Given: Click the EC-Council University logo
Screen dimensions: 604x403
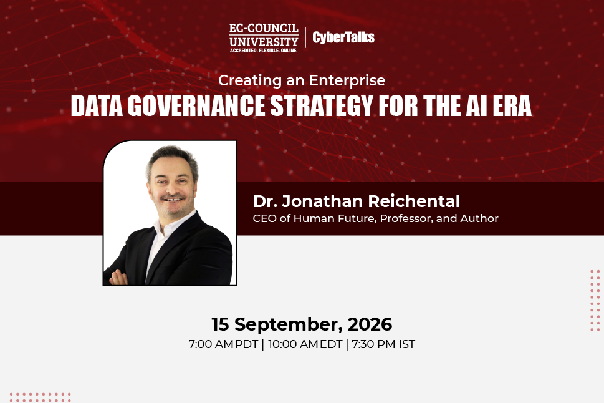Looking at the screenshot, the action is point(264,38).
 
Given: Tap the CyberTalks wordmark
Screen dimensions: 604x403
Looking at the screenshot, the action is point(343,37).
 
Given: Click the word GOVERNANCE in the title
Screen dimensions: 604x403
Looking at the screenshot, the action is point(196,105).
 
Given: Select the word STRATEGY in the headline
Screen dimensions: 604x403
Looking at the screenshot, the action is point(322,105).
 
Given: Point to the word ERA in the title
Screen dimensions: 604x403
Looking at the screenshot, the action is point(512,105).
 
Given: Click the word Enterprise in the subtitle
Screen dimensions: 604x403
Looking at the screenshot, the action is point(347,80).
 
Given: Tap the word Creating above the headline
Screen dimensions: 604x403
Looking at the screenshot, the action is point(250,80).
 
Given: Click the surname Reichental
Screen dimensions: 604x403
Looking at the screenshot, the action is point(414,201).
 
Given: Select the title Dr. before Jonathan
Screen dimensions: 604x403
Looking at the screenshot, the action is point(265,201).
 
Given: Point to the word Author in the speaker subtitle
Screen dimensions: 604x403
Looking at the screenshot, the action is point(479,218).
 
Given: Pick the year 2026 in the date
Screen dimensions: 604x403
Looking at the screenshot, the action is point(370,324).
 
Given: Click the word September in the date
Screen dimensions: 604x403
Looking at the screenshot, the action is point(289,325).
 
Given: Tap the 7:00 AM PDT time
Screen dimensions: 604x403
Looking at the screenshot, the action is point(223,344).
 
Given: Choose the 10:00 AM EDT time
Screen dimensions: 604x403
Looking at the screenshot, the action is point(305,344).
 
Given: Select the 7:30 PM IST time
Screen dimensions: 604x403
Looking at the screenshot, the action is point(383,344).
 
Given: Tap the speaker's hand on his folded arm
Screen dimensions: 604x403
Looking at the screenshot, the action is point(118,278).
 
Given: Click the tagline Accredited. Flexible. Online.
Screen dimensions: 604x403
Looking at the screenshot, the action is point(264,51).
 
